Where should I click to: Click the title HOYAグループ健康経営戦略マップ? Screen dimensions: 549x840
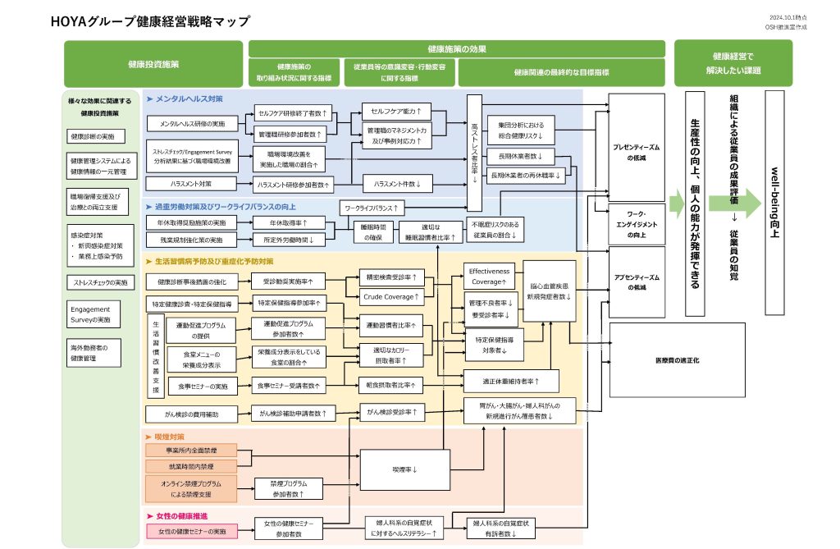(x=151, y=21)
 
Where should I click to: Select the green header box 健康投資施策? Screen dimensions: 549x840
(x=153, y=64)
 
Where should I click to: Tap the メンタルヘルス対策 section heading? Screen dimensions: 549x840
(x=189, y=98)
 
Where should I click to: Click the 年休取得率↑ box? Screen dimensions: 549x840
(x=288, y=223)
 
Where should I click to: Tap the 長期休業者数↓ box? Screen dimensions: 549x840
(x=521, y=156)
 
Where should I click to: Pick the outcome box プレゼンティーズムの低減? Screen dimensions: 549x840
(x=637, y=152)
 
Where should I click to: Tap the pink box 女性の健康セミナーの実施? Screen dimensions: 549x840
(x=191, y=532)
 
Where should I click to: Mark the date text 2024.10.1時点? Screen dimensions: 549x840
(x=789, y=17)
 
